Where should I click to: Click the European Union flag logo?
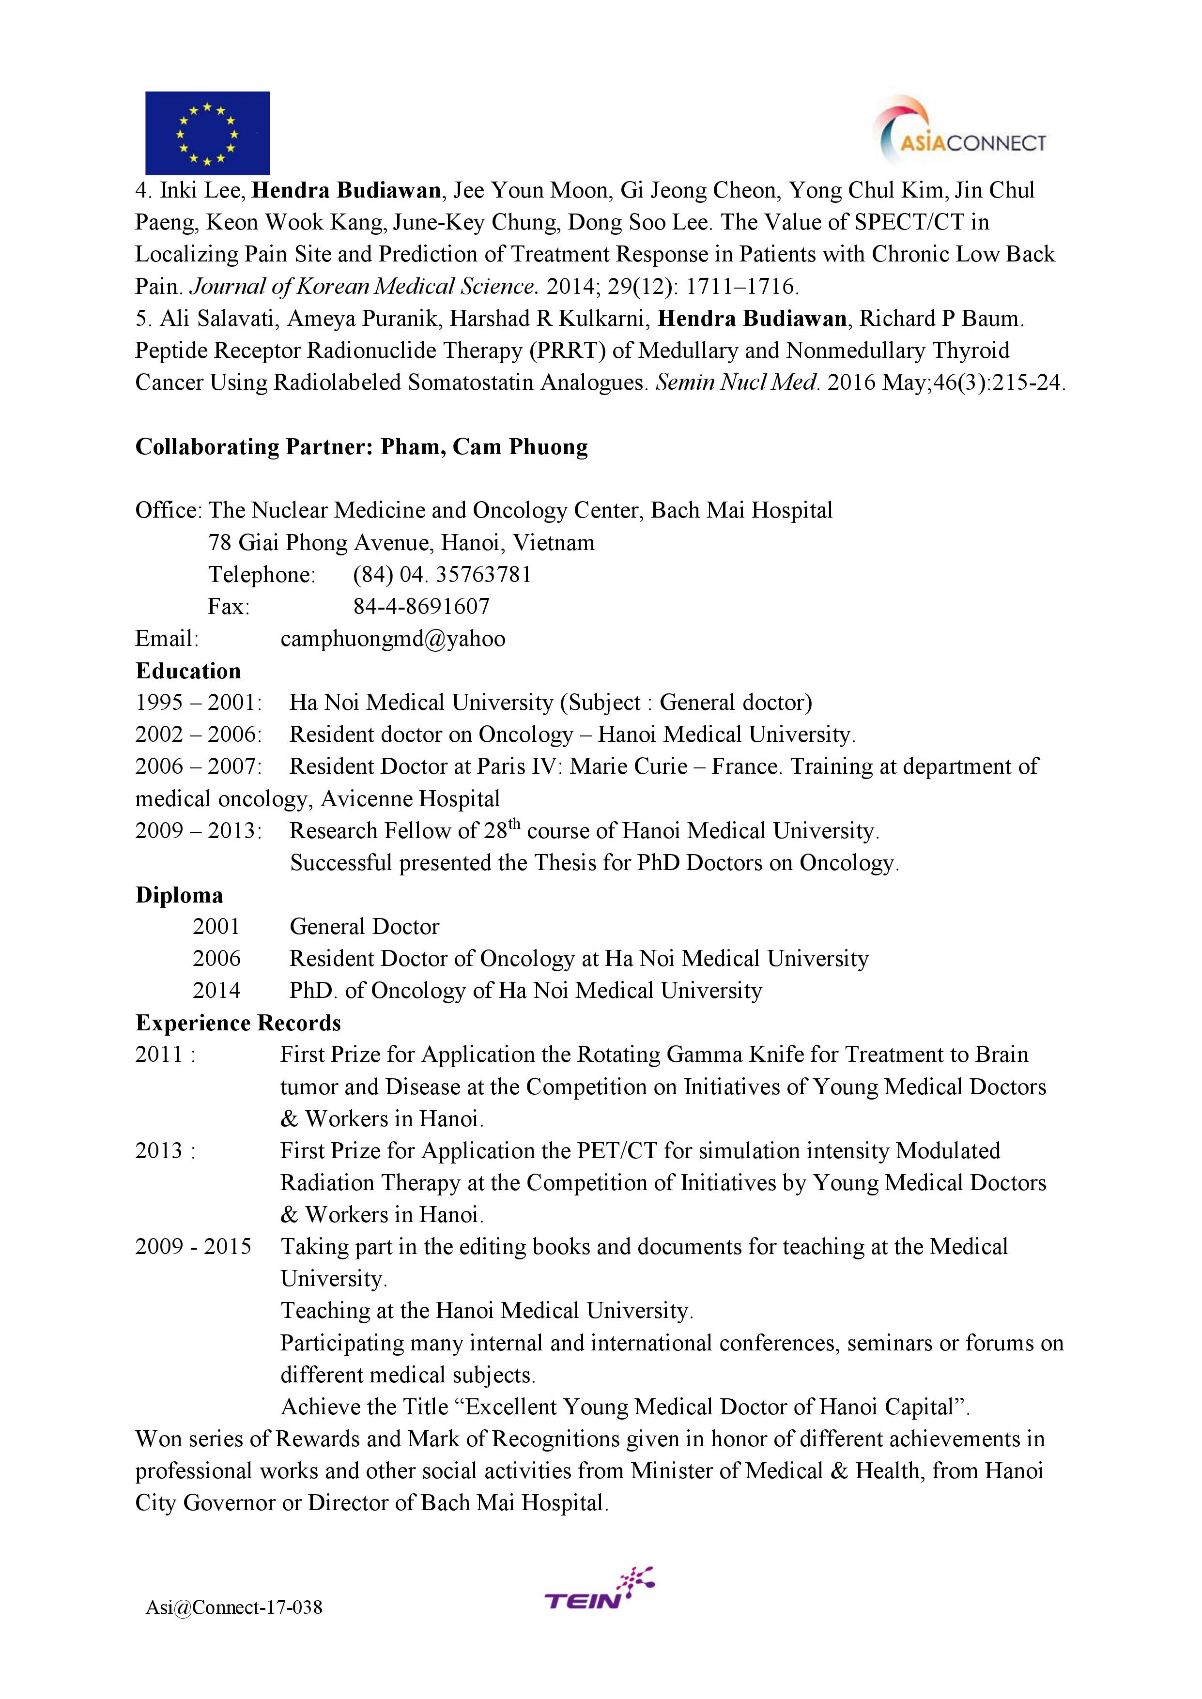[207, 133]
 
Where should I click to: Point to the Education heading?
[188, 671]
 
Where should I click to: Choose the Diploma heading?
[179, 895]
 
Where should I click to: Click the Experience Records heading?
[238, 1023]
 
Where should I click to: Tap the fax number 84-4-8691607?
[421, 607]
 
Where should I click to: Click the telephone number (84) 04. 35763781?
[442, 575]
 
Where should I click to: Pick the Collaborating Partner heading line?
[361, 447]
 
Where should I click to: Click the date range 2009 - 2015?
[193, 1247]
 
